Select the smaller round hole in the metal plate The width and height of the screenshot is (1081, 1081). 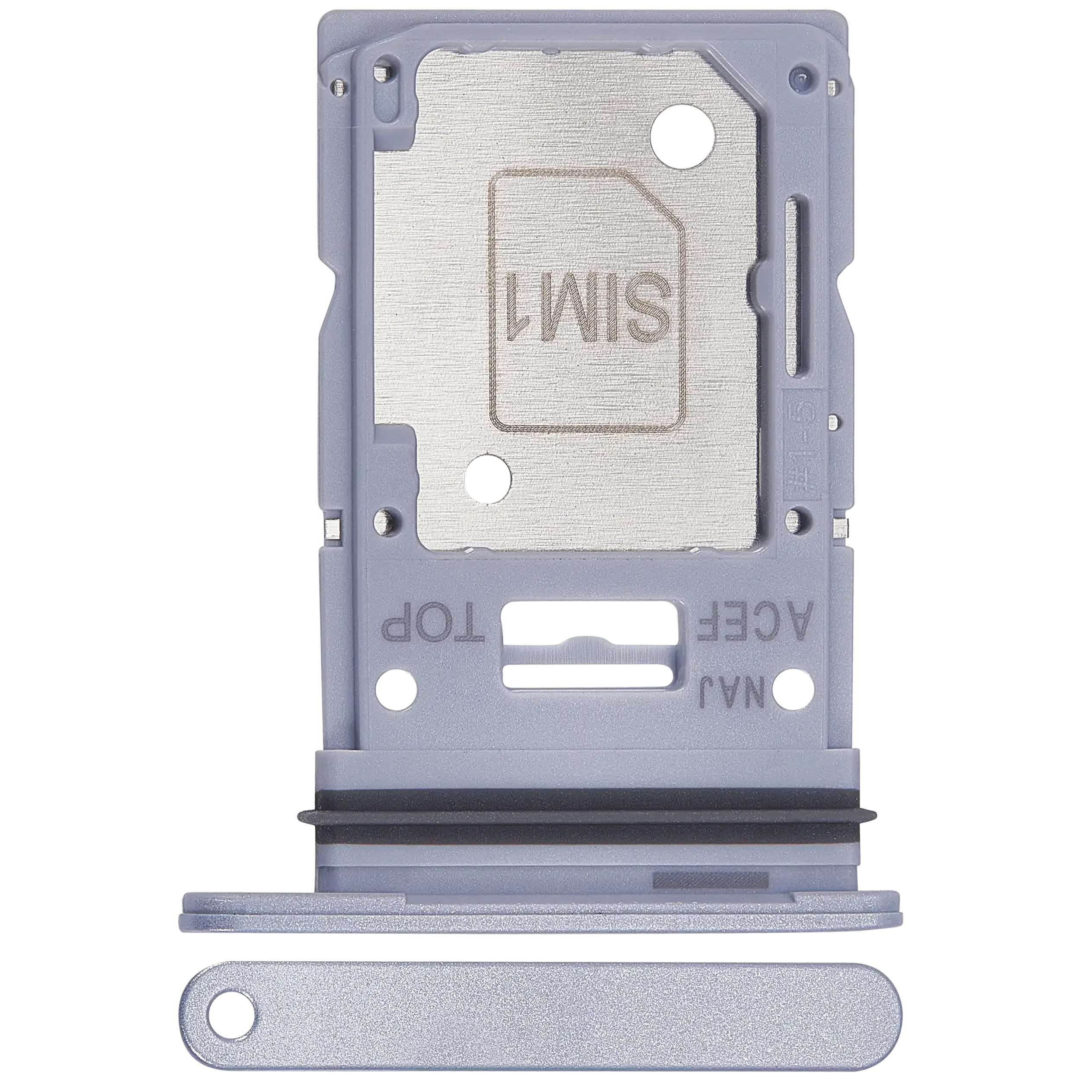click(489, 478)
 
